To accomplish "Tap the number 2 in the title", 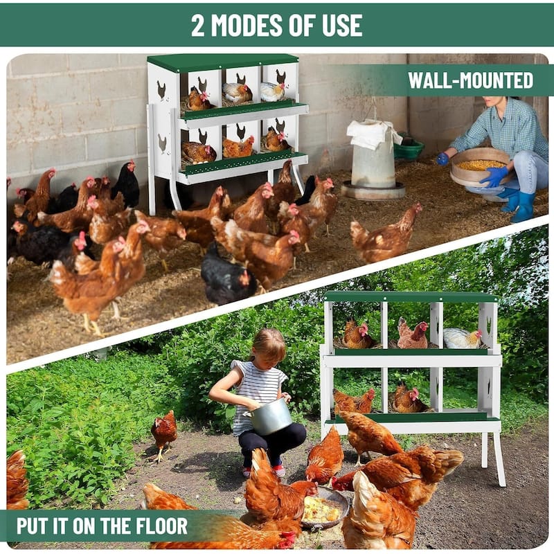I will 199,25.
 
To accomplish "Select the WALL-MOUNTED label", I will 470,80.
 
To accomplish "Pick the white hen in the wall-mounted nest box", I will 271,91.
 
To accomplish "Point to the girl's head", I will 268,346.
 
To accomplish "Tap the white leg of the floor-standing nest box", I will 499,457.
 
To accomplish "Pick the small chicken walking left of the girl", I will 164,431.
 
